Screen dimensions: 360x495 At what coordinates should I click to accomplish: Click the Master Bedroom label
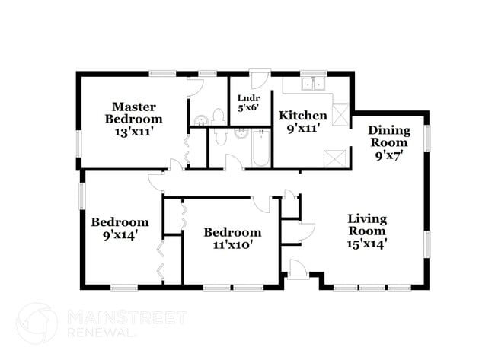(x=133, y=113)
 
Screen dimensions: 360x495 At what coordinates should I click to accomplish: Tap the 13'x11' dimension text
(x=133, y=131)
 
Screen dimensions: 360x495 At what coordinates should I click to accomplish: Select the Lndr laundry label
(x=249, y=98)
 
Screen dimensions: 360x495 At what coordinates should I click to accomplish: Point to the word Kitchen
(x=302, y=116)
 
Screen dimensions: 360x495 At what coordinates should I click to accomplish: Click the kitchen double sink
(x=314, y=84)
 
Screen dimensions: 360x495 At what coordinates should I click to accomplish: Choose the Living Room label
(x=366, y=225)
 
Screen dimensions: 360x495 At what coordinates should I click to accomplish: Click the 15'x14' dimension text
(x=366, y=244)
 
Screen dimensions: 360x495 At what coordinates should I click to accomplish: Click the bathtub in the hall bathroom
(x=261, y=148)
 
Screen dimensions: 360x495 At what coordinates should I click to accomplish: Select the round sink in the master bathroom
(x=200, y=120)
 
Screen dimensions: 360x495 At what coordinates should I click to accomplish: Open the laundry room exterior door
(x=260, y=80)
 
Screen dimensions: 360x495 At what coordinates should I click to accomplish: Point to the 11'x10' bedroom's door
(x=261, y=204)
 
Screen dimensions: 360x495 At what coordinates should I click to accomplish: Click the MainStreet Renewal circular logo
(x=36, y=323)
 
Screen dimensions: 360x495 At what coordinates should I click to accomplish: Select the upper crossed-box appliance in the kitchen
(x=340, y=114)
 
